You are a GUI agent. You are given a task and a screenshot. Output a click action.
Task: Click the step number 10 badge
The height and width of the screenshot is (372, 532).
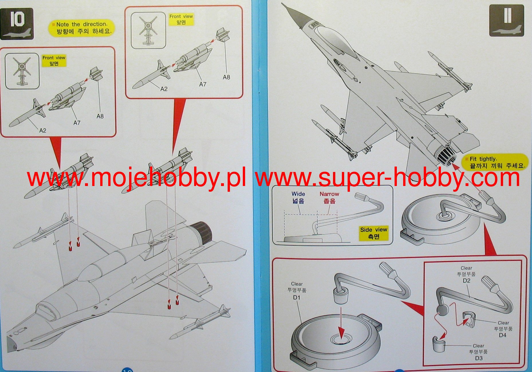[17, 23]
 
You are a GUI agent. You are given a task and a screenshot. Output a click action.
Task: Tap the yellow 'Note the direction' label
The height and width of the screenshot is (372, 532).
[82, 28]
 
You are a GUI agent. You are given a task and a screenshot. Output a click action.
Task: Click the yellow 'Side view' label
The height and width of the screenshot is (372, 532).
[373, 233]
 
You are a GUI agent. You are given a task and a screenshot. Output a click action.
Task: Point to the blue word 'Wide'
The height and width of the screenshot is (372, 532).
[298, 194]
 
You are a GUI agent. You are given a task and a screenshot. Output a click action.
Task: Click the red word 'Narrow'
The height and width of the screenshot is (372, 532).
[329, 194]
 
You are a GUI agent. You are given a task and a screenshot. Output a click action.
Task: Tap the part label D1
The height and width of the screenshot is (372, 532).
[297, 298]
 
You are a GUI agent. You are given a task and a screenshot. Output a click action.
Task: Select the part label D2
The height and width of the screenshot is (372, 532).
[466, 281]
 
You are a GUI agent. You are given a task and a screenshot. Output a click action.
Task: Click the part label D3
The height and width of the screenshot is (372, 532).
[478, 358]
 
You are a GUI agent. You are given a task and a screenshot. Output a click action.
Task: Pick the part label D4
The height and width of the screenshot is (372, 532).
[503, 335]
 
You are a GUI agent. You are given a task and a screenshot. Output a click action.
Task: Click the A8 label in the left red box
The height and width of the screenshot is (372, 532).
[100, 116]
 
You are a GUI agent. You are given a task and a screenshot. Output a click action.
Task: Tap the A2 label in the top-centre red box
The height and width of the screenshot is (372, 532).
[164, 89]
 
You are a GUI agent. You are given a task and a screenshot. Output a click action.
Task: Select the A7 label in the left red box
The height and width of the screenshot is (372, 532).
[77, 123]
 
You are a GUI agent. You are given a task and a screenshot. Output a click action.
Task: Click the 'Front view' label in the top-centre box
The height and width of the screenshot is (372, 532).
[181, 19]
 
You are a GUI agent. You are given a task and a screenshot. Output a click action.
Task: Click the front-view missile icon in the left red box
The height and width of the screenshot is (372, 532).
[22, 71]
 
